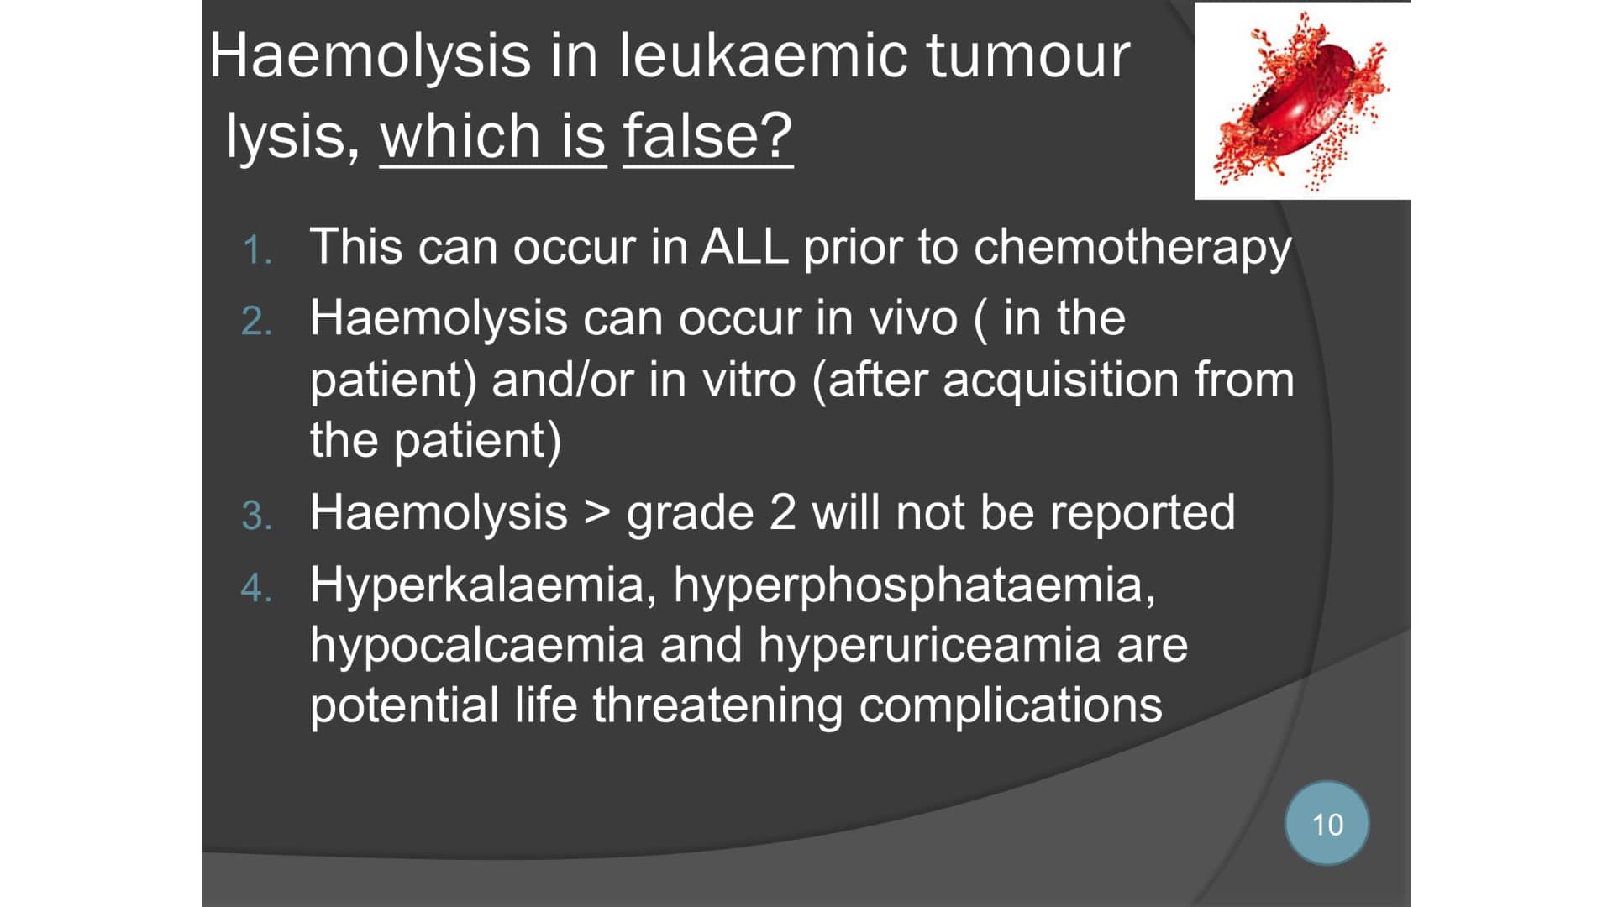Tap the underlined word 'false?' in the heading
(x=707, y=135)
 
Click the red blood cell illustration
(x=1302, y=101)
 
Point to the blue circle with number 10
(x=1327, y=823)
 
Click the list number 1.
(x=256, y=251)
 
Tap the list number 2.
(x=256, y=322)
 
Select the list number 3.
(x=256, y=516)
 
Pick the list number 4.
(x=256, y=588)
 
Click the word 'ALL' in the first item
(x=744, y=247)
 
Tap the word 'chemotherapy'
(x=1132, y=249)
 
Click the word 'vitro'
(x=749, y=380)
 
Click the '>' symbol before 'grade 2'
(x=596, y=512)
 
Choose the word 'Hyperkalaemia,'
(x=483, y=586)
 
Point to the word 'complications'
(x=1010, y=706)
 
